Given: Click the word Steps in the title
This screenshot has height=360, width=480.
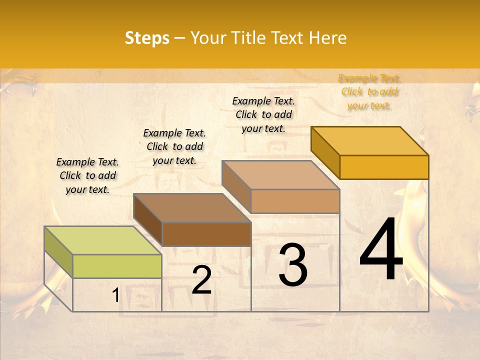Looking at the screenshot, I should [147, 38].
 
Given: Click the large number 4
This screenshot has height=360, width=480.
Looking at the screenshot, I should [381, 250].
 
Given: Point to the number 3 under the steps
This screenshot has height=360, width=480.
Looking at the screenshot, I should [293, 265].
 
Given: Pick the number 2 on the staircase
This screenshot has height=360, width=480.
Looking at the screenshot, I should [201, 280].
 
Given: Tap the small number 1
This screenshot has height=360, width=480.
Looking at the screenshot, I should [115, 295].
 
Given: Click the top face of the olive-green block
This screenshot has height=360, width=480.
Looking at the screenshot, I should [103, 240].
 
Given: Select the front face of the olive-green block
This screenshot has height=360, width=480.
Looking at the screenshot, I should [117, 266].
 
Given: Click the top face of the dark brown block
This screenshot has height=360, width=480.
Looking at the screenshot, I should [192, 208].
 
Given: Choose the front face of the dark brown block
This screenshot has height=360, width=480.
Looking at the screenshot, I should [206, 234].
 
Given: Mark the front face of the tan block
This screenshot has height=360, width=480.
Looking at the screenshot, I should [295, 201].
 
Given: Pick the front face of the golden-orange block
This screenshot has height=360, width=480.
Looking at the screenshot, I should [384, 167].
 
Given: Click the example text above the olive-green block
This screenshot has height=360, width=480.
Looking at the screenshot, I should [87, 175].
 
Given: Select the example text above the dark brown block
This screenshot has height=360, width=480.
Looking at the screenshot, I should [174, 146].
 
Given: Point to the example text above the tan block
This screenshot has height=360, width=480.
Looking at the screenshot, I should [263, 114].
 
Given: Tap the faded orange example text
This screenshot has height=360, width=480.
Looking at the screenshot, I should [369, 91].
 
